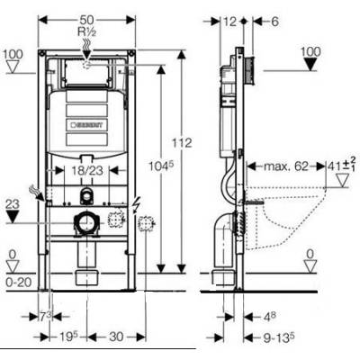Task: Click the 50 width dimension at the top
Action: tap(88, 20)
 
